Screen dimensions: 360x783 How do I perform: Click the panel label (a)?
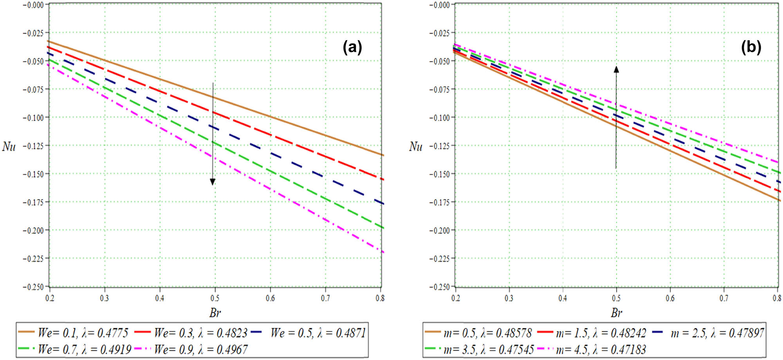352,47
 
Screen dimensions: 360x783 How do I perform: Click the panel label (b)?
751,47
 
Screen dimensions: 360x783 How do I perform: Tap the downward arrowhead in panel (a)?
213,181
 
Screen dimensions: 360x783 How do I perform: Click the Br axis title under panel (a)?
215,313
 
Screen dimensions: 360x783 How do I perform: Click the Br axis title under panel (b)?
616,313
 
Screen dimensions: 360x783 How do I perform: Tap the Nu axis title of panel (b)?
416,147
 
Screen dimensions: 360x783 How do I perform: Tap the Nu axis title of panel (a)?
9,147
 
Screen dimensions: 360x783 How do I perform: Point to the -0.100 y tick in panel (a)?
33,118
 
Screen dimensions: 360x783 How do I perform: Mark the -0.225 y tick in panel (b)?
440,259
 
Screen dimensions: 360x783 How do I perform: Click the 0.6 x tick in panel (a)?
270,298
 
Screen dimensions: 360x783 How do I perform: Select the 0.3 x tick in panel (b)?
509,298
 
